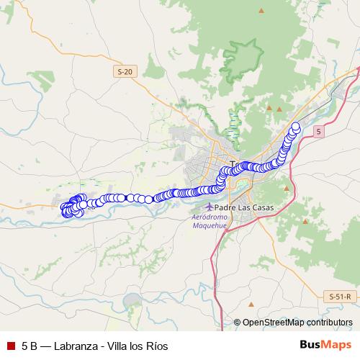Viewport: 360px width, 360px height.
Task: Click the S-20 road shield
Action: [125, 71]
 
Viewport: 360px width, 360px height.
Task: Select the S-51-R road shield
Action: [339, 296]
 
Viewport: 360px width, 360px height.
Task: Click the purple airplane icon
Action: [210, 207]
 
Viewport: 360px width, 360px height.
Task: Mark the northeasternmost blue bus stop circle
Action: [295, 127]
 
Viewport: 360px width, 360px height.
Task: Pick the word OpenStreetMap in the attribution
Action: [273, 323]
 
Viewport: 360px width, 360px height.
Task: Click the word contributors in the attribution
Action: [329, 323]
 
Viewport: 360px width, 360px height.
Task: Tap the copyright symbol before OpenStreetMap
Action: [237, 323]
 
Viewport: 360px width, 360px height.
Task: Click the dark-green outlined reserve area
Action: [241, 54]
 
